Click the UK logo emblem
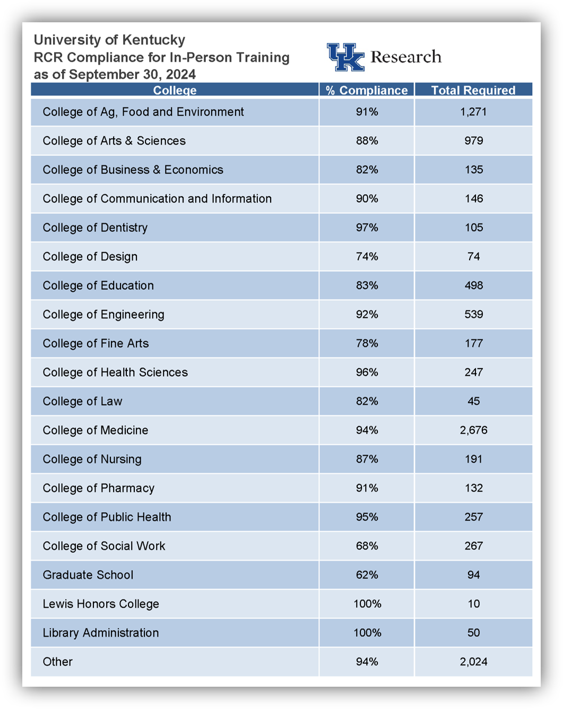345,57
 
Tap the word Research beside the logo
406,57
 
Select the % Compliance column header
367,90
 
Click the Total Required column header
473,90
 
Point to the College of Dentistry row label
95,228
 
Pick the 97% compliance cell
367,228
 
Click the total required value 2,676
473,430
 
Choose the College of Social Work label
104,546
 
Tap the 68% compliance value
367,546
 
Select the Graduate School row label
88,575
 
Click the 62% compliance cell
367,575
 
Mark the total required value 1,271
473,112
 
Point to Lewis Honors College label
101,604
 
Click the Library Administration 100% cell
367,633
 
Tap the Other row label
58,662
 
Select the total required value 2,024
473,662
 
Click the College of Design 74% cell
367,257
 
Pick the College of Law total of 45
473,401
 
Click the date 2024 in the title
181,74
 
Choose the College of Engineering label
103,315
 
